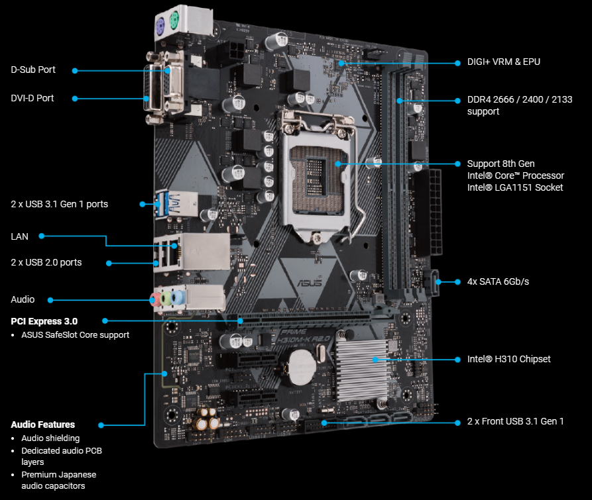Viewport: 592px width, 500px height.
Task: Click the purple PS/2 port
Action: tap(160, 27)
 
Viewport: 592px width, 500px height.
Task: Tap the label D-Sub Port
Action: tap(33, 70)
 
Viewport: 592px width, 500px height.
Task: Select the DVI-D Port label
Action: tap(32, 98)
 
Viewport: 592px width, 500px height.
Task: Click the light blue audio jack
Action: tap(177, 297)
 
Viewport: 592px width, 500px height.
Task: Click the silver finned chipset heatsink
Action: tap(362, 370)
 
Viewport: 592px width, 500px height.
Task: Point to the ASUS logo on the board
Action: tap(310, 282)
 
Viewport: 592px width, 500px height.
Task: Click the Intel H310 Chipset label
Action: tap(508, 359)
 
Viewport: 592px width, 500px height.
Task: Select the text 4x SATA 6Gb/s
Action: tap(498, 281)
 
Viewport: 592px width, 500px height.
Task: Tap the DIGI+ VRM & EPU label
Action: tap(504, 62)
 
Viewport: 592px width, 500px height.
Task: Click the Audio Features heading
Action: tap(43, 425)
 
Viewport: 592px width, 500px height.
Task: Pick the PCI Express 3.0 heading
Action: tap(44, 321)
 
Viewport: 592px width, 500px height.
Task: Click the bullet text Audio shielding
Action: tap(50, 438)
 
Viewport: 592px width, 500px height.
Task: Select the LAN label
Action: tap(20, 236)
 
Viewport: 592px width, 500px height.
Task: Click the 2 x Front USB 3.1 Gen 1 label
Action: tap(515, 421)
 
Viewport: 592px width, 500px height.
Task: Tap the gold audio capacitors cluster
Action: tap(206, 418)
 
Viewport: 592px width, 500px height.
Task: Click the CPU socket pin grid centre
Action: tap(316, 177)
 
